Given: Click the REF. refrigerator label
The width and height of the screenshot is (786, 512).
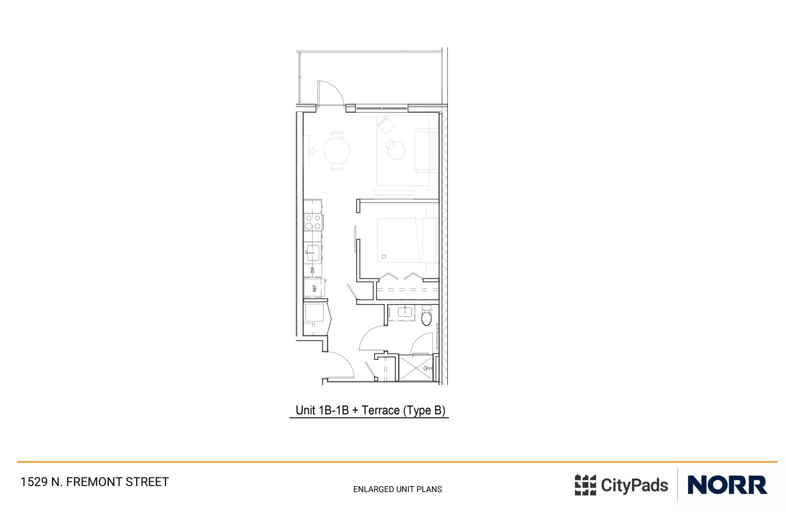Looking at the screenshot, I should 314,288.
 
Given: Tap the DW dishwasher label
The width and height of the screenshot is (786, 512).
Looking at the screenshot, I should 313,270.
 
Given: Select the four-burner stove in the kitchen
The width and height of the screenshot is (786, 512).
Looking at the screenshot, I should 313,222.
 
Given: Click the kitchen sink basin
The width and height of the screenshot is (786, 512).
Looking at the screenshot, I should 313,253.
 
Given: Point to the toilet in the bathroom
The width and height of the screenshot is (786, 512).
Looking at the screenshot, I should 426,316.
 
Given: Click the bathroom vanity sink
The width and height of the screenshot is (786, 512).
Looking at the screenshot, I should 406,312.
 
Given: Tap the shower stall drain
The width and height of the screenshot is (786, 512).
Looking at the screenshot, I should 416,368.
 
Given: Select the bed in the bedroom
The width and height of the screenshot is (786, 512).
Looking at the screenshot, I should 407,240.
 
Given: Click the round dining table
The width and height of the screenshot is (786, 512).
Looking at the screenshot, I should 337,151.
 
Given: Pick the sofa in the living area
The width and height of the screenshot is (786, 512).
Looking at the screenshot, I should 425,151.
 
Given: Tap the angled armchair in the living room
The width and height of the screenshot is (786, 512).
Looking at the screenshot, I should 386,125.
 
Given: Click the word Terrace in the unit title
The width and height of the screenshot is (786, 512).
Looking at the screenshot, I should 381,410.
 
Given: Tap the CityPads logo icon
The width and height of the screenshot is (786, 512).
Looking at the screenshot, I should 585,485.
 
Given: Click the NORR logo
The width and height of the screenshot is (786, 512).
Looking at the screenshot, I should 727,485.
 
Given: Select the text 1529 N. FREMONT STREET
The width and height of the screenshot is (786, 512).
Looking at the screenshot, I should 94,482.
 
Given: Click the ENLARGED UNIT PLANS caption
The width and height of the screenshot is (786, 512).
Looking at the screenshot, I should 398,489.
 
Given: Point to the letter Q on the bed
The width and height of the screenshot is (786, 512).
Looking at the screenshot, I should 384,256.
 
